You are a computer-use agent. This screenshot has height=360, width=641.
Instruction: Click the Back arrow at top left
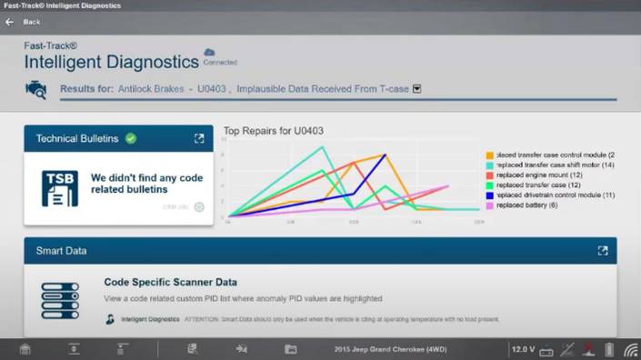coord(10,22)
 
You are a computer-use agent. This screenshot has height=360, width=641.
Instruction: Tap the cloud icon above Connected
coord(209,53)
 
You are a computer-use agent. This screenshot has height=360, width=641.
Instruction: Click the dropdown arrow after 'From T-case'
coord(417,89)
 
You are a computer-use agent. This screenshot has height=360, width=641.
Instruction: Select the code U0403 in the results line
coord(211,89)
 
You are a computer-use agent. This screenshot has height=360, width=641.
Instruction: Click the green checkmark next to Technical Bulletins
coord(131,138)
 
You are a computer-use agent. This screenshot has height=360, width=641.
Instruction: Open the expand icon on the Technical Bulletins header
coord(199,138)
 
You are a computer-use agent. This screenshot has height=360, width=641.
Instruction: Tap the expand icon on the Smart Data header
coord(602,251)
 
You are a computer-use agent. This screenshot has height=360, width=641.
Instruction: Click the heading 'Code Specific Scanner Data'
coord(170,283)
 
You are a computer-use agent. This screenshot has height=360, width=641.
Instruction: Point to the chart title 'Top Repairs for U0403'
coord(273,131)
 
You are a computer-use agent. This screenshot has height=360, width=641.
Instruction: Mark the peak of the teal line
coord(322,147)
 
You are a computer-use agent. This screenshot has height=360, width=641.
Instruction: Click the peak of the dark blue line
coord(385,155)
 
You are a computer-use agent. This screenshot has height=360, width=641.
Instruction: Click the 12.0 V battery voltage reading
coord(523,349)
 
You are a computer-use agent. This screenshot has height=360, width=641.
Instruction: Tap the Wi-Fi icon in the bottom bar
coord(630,349)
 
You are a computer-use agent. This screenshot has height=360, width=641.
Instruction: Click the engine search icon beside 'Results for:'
coord(36,89)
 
